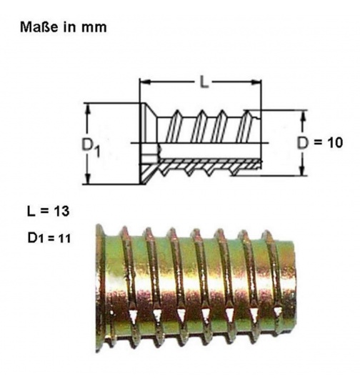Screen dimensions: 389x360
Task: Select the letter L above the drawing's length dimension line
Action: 204,82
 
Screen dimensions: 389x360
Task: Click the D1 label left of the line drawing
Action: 89,145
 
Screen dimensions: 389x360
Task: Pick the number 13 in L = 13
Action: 67,211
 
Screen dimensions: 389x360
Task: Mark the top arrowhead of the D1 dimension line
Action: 88,108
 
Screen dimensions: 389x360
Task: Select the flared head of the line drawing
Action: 149,143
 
